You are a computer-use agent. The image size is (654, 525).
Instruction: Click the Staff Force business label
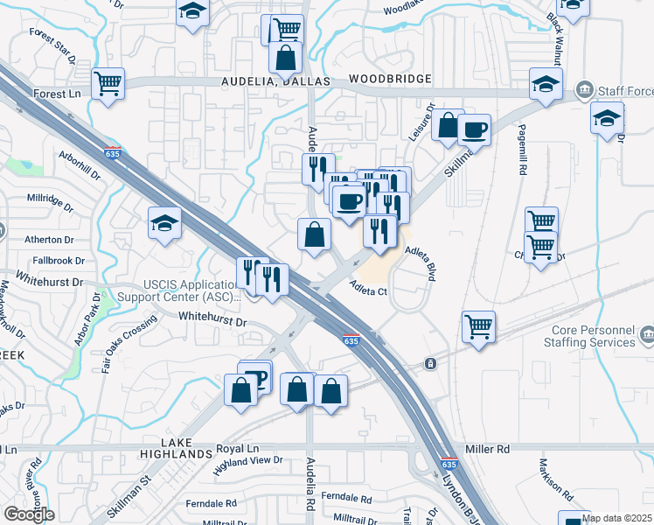tap(624, 89)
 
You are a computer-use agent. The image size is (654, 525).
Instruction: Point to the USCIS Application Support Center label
tap(191, 291)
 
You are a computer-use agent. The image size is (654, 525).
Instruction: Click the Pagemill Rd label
tap(521, 154)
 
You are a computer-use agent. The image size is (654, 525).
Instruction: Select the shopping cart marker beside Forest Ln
tap(108, 85)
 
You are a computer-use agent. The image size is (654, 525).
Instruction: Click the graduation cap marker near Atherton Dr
tap(164, 223)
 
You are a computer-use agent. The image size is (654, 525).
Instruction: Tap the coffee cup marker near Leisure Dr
tap(474, 129)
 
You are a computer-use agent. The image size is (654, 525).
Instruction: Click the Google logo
tap(29, 514)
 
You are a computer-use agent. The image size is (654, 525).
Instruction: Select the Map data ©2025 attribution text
tap(616, 518)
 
